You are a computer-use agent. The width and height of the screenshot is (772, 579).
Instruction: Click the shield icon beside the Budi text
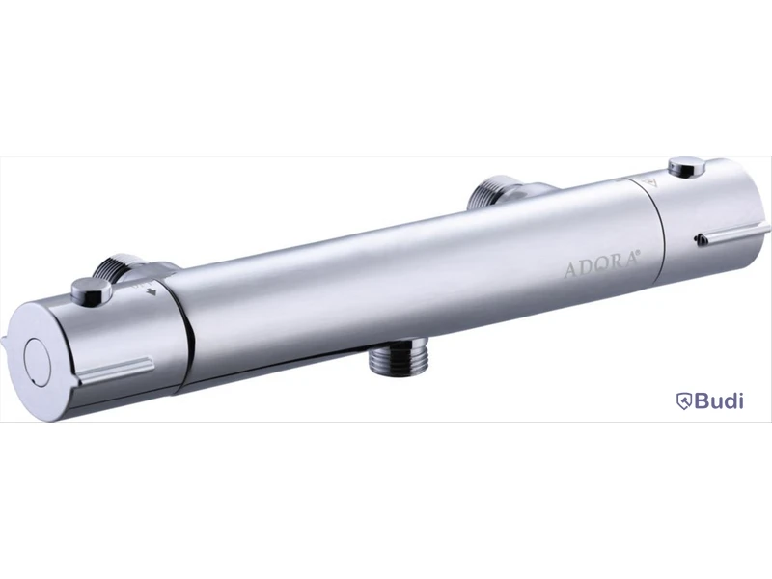684,401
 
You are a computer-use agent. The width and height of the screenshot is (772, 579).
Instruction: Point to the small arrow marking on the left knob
152,292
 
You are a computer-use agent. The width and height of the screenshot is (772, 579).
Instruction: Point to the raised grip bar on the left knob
114,371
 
